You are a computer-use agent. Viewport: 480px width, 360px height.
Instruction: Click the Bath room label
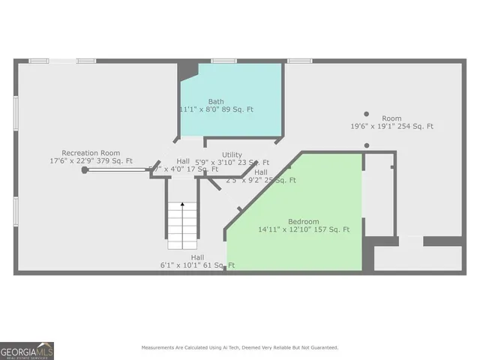tap(216, 101)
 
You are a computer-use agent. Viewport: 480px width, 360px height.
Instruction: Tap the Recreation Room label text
tap(91, 153)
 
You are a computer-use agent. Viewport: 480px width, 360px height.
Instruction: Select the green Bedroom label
tap(304, 222)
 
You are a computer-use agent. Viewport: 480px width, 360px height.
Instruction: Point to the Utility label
tap(232, 154)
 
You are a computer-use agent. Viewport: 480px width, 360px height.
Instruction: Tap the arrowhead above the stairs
tap(181, 203)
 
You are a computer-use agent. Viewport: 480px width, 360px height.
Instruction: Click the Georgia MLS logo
tap(27, 350)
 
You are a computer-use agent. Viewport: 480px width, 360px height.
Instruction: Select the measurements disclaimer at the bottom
tap(240, 348)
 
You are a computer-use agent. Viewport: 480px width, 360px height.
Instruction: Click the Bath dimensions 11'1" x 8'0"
tap(216, 109)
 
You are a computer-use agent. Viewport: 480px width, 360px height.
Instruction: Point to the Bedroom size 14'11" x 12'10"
tap(304, 229)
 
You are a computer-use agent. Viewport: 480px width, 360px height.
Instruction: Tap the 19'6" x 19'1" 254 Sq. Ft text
tap(391, 127)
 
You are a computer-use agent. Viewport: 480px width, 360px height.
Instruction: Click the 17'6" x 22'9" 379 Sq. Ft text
tap(91, 160)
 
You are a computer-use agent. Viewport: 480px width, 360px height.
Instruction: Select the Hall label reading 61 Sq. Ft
tap(197, 265)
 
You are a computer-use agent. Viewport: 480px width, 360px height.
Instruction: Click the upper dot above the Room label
tap(367, 114)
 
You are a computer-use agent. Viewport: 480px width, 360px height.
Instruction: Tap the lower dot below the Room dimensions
tap(367, 145)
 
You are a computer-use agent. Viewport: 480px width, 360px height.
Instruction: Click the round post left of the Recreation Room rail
tap(85, 170)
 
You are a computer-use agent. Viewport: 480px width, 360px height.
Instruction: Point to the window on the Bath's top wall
tap(223, 61)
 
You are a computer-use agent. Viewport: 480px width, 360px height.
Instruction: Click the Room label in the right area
tap(391, 118)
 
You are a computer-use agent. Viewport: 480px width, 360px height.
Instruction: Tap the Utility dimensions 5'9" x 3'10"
tap(232, 162)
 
